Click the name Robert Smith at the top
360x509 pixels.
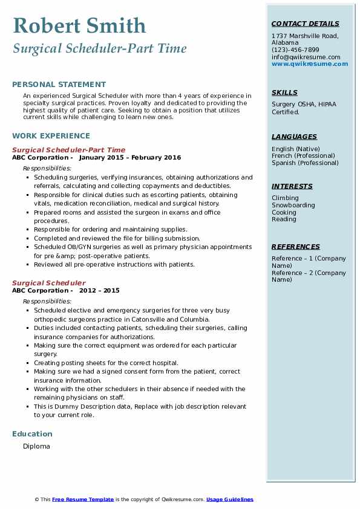point(79,25)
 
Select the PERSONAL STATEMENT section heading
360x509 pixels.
point(59,85)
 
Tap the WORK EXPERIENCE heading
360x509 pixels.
point(51,136)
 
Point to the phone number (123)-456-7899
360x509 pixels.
point(295,50)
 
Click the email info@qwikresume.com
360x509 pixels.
point(306,57)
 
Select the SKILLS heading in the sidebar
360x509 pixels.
point(284,92)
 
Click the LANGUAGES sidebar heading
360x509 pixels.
point(294,137)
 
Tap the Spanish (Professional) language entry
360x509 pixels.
point(305,163)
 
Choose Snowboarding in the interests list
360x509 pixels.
point(293,206)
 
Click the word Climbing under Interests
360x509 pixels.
point(285,198)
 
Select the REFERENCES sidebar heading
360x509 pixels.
point(296,247)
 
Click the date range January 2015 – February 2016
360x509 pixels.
point(130,158)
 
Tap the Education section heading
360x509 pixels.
point(32,434)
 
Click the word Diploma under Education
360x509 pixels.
point(36,447)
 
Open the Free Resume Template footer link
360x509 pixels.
point(83,499)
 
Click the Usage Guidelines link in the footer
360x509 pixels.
point(230,499)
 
